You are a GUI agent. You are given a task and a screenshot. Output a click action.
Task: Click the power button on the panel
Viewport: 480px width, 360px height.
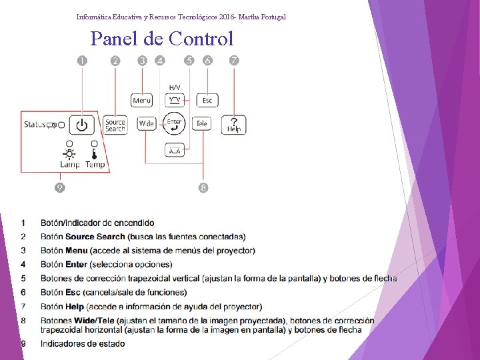(x=81, y=125)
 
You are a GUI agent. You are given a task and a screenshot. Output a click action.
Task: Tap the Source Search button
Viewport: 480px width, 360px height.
(x=115, y=125)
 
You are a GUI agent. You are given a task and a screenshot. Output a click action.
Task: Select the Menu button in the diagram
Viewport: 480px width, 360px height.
(x=142, y=100)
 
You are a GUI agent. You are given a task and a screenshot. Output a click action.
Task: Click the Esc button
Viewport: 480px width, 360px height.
(x=207, y=100)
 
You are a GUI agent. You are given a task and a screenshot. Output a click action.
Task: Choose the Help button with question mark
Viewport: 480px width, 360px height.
(x=234, y=125)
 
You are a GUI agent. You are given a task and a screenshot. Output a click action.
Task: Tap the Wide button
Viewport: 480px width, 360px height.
(x=146, y=124)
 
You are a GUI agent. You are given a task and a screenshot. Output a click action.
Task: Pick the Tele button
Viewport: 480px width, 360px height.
(x=201, y=124)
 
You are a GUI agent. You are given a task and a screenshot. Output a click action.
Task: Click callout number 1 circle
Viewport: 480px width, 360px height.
(x=82, y=61)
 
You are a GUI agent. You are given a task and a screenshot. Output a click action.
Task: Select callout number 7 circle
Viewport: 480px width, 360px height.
(x=234, y=61)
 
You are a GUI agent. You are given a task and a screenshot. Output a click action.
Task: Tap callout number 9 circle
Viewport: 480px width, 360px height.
(x=60, y=187)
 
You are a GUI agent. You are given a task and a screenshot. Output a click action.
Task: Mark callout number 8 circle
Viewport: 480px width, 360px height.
(x=203, y=187)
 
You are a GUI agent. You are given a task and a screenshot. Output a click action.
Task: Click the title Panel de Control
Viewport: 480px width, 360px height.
(x=162, y=39)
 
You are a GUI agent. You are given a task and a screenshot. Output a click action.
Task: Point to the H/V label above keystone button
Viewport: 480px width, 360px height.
(x=175, y=87)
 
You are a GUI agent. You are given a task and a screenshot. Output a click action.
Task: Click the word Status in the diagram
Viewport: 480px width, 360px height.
(x=35, y=124)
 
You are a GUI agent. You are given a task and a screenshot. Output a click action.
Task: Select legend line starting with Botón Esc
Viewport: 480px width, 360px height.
(x=113, y=292)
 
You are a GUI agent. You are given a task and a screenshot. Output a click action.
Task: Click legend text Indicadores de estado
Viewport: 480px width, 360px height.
(x=83, y=343)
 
